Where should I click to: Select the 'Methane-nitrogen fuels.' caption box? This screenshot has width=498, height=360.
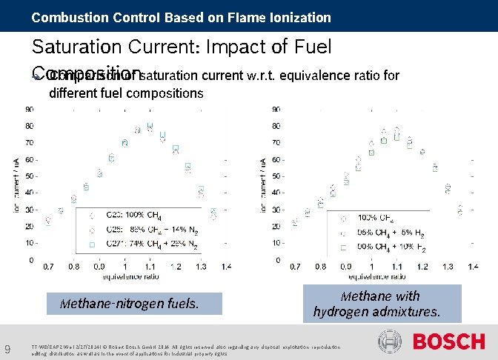pos(130,303)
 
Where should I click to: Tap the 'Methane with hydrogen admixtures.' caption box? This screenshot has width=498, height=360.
pos(376,304)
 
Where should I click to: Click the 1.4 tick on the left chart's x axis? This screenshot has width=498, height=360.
pos(226,266)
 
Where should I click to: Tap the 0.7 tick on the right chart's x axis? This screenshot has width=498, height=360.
pos(294,266)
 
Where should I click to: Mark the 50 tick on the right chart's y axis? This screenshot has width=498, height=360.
pos(276,176)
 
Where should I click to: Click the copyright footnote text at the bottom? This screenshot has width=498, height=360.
pos(185,350)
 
